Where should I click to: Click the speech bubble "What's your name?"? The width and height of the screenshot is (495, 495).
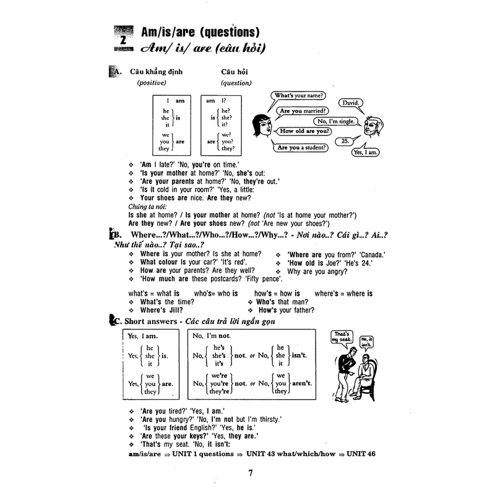point(302,97)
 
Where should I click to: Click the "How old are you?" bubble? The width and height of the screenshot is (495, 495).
point(304,131)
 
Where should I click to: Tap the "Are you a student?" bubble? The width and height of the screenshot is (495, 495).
point(302,148)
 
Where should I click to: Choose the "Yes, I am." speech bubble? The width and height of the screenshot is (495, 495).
point(366,151)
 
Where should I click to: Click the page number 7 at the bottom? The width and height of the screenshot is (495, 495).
point(251,474)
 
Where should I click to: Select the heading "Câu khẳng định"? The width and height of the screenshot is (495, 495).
point(150,72)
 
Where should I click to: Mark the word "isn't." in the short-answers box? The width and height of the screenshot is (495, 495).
point(299,356)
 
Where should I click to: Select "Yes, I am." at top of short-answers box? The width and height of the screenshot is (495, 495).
point(141,335)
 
